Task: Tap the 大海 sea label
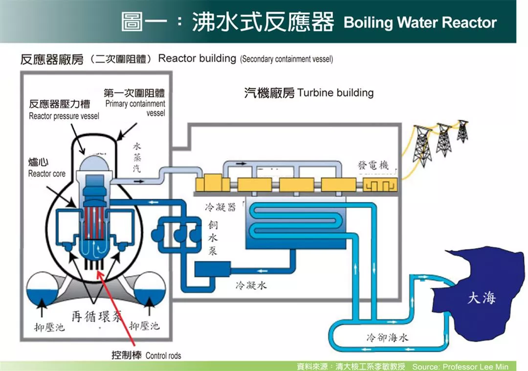click(481, 298)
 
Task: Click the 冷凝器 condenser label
click(220, 207)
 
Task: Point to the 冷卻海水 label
click(387, 337)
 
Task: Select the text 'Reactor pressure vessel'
click(64, 116)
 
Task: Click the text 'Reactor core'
click(46, 174)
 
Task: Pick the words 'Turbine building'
click(335, 92)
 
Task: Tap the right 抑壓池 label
click(144, 326)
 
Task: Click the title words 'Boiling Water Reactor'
click(420, 22)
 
